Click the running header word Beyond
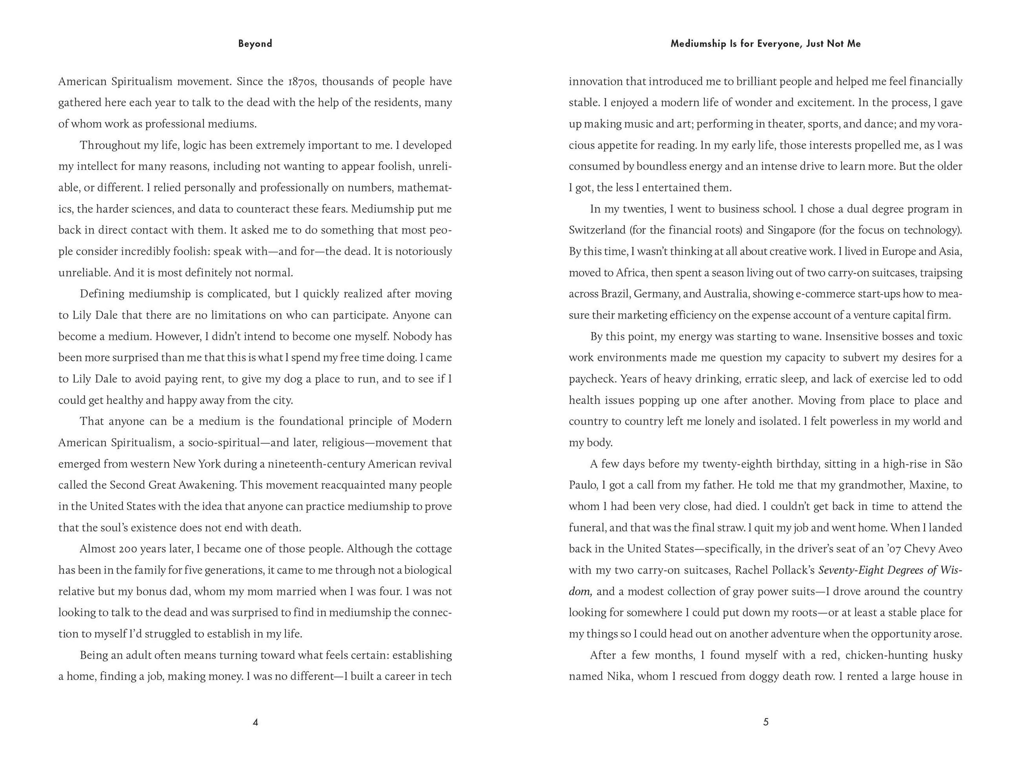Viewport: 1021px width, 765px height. [x=255, y=44]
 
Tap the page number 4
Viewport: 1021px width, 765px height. [x=255, y=722]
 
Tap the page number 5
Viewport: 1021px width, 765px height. [x=766, y=722]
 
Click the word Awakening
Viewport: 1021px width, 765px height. [x=208, y=485]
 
